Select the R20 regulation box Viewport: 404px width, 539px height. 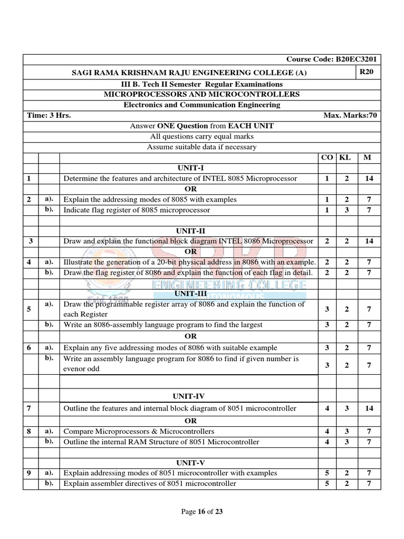(x=366, y=72)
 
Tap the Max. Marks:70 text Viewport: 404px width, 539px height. (x=350, y=115)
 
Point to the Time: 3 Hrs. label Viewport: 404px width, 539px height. (x=49, y=115)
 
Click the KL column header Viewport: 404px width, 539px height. (x=345, y=157)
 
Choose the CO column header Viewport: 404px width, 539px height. (x=327, y=157)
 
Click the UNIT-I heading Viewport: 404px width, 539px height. (x=190, y=167)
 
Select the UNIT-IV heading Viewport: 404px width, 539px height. (x=190, y=395)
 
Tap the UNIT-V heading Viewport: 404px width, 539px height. (x=190, y=463)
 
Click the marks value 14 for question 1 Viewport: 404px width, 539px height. (x=369, y=178)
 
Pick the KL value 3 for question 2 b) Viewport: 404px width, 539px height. (x=347, y=210)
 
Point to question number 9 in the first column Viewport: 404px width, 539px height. (x=29, y=473)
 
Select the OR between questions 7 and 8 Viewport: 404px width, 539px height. (x=190, y=421)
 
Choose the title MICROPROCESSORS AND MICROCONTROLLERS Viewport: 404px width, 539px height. (x=201, y=94)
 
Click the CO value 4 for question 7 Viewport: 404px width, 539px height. (x=327, y=408)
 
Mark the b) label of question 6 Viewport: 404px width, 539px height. (x=49, y=358)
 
